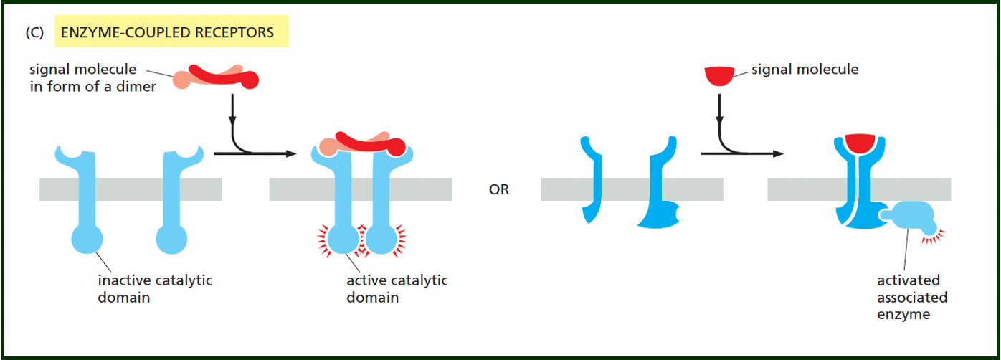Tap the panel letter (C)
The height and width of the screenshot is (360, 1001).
(35, 32)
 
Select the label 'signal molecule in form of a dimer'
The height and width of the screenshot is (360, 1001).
(92, 79)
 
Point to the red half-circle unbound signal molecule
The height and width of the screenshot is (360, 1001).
(719, 75)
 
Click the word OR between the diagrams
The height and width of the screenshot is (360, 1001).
(499, 191)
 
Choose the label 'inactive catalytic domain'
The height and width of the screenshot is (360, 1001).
(155, 288)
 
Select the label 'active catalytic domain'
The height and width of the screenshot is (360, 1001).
(397, 288)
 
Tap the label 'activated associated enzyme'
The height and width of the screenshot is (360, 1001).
(911, 297)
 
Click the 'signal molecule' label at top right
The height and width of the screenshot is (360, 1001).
(805, 70)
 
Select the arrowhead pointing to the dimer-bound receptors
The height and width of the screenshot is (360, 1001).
(291, 153)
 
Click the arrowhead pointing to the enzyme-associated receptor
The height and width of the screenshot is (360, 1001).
(777, 153)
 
